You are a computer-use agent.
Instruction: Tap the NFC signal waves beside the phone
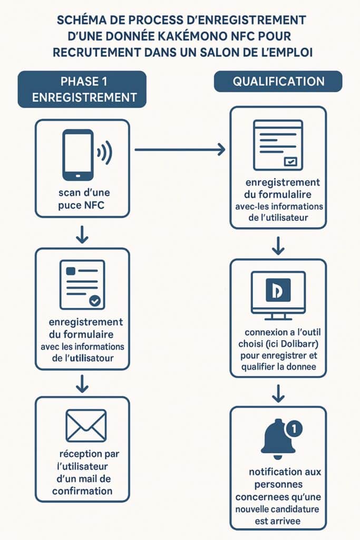pyautogui.click(x=105, y=153)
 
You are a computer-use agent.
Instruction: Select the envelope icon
pyautogui.click(x=86, y=426)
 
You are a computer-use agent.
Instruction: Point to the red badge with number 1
pyautogui.click(x=294, y=429)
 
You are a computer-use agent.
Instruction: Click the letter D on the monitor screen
pyautogui.click(x=278, y=291)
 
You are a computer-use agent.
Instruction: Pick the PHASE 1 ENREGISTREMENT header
pyautogui.click(x=82, y=90)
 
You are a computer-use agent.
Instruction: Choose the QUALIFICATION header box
pyautogui.click(x=278, y=82)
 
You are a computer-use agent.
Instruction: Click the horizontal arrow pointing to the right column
pyautogui.click(x=179, y=150)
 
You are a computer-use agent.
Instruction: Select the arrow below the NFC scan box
pyautogui.click(x=82, y=235)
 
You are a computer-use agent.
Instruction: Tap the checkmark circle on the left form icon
pyautogui.click(x=95, y=301)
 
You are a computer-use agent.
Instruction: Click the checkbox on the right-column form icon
pyautogui.click(x=290, y=162)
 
